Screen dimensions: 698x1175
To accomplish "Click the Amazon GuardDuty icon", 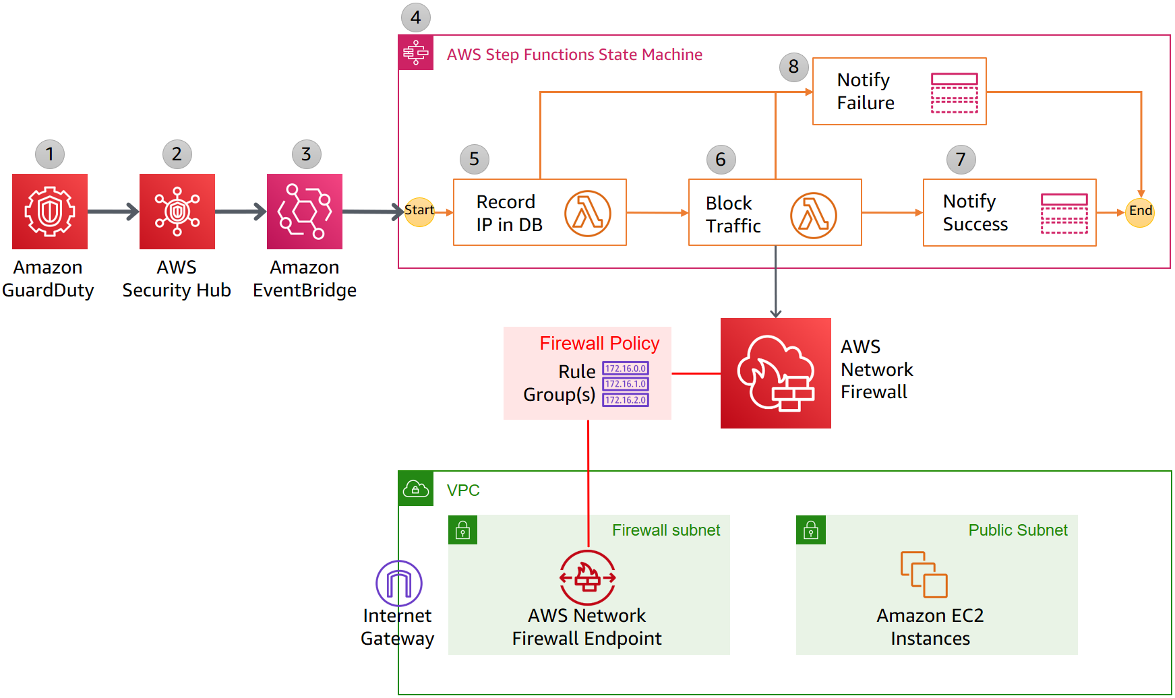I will (x=50, y=212).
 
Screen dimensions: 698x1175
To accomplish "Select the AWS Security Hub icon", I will (x=177, y=212).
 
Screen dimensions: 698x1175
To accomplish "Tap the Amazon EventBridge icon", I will (x=305, y=212).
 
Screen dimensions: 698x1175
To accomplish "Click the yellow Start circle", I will (x=419, y=212).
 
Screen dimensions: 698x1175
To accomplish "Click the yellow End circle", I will (x=1140, y=212).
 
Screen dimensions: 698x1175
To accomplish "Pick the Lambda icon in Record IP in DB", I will (x=587, y=214).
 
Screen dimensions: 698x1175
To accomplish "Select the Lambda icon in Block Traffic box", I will (x=813, y=215).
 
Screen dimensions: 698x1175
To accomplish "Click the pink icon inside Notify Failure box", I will (x=954, y=93).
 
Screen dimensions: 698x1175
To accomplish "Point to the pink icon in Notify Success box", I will (x=1064, y=214).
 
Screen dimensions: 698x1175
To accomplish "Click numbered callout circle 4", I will (x=416, y=18).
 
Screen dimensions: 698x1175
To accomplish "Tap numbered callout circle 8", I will (x=793, y=67).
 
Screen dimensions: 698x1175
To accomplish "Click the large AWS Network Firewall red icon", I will (x=775, y=373).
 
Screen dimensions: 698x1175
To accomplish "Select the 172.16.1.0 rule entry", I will (x=626, y=384).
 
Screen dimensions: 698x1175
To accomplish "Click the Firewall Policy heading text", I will (x=599, y=344).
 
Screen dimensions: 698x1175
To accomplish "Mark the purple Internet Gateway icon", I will (x=399, y=583).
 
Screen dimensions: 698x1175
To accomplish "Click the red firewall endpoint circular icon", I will (x=588, y=577).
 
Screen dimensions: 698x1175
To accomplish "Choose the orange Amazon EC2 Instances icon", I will (x=924, y=574).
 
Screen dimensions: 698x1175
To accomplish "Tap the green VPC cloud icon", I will (x=415, y=489).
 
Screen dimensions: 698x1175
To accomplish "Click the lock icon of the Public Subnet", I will (x=811, y=530).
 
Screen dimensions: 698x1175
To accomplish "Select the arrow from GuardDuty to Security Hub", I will (x=113, y=212).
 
